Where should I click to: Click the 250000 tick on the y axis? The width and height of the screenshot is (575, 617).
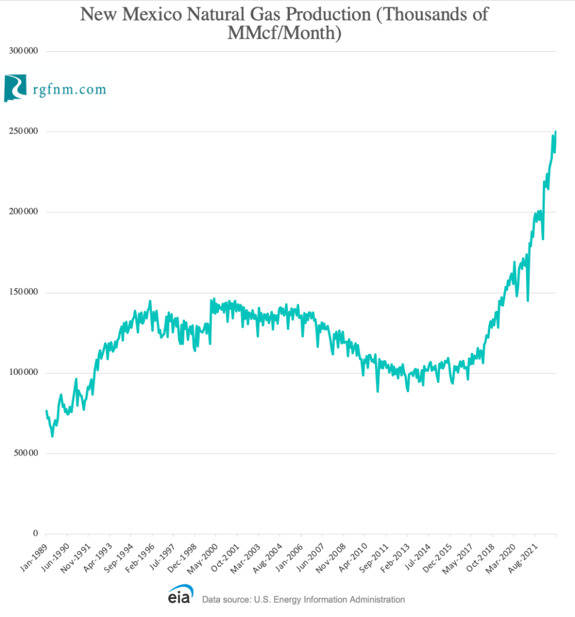pos(22,131)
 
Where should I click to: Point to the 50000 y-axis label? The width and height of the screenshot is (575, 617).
pos(24,453)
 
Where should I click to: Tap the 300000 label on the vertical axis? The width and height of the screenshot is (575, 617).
pos(22,51)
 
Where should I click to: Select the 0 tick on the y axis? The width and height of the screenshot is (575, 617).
pos(36,534)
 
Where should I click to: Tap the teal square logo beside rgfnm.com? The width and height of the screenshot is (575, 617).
pos(16,88)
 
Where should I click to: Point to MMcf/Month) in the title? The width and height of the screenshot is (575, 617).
pos(284,34)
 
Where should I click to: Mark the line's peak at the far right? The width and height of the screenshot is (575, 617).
pos(555,131)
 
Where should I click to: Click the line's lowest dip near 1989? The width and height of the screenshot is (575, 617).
pos(52,436)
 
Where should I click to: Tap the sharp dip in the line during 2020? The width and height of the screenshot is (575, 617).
pos(528,300)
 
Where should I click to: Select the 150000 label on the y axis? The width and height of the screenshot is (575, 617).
pos(22,292)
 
